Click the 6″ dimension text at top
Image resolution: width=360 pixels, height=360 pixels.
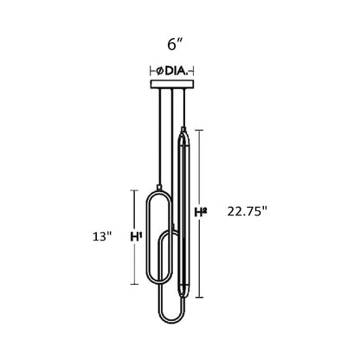click(x=176, y=44)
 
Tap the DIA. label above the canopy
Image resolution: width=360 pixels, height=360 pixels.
click(x=177, y=71)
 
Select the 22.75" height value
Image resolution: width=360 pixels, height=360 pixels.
click(x=247, y=211)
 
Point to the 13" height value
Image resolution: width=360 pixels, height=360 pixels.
click(x=102, y=237)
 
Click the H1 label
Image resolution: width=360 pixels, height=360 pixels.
click(x=136, y=237)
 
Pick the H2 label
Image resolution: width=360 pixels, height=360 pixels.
click(x=201, y=212)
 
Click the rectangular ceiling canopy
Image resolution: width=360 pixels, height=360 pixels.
click(x=172, y=84)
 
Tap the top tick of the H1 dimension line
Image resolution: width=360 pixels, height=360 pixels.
click(x=134, y=190)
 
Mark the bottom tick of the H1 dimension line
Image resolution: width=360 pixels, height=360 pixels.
click(x=134, y=284)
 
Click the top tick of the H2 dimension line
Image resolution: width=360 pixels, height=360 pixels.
click(x=199, y=131)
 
